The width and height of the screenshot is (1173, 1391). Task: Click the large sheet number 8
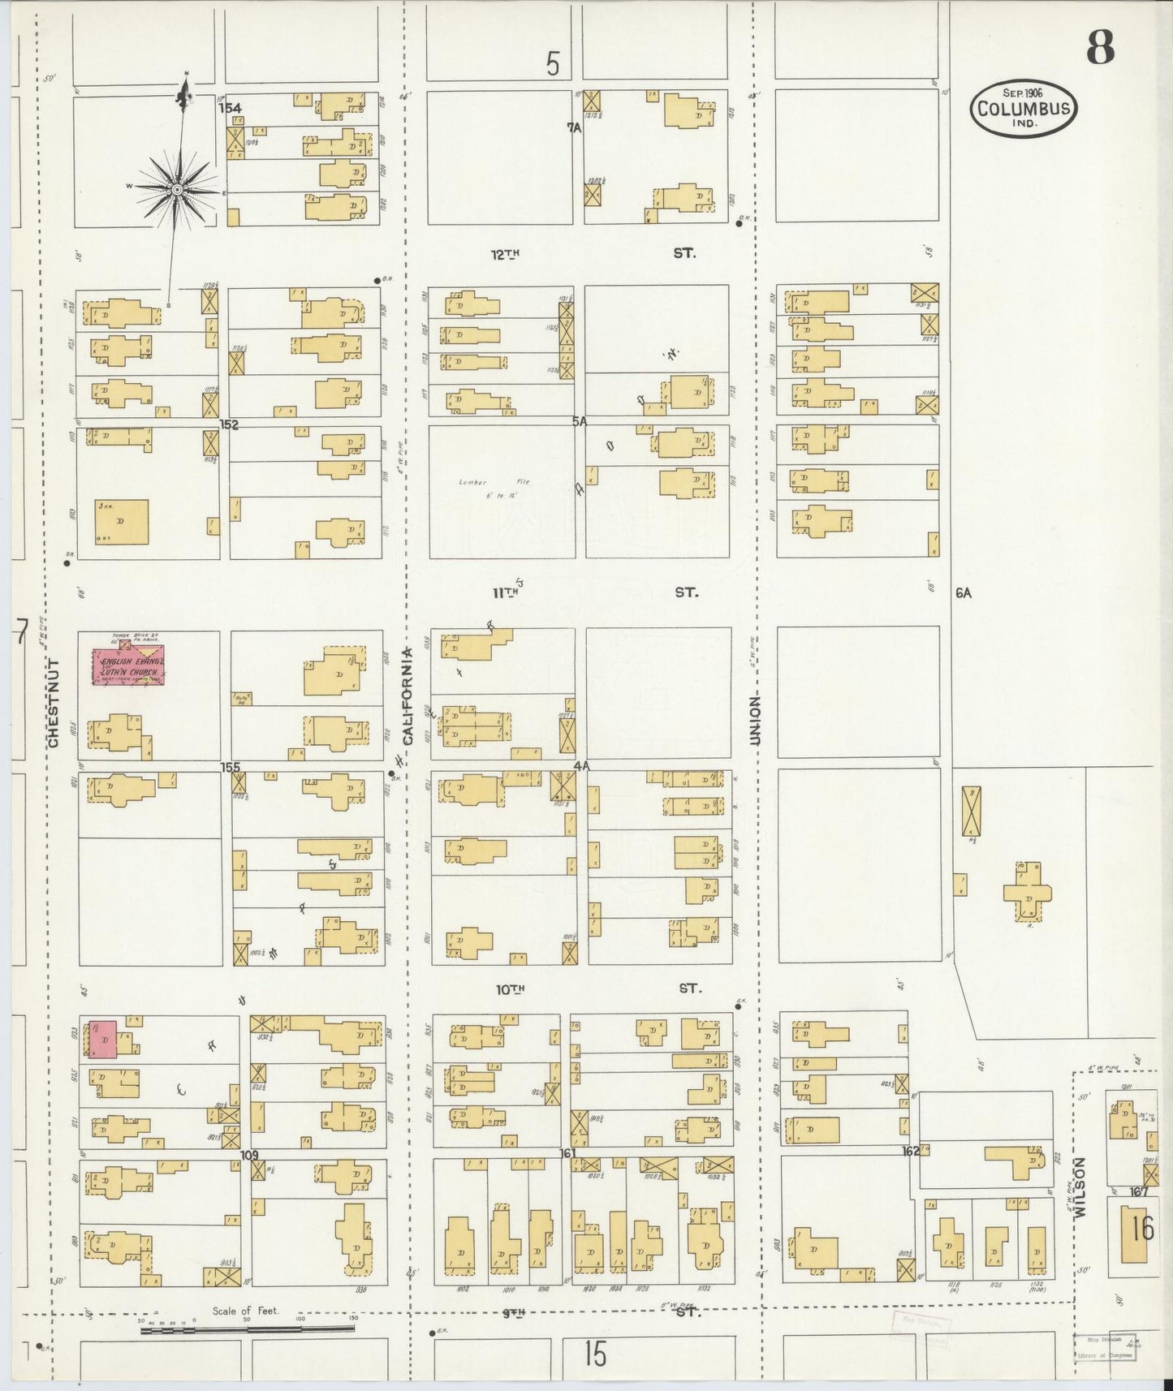coord(1100,50)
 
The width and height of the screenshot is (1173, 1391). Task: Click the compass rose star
coord(176,188)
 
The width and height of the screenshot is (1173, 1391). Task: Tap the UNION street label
coord(755,720)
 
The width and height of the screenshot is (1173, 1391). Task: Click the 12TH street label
coord(504,254)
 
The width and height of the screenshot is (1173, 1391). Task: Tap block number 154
coord(230,107)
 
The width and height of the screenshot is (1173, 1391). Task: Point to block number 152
coord(229,424)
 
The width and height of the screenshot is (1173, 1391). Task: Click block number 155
coord(230,766)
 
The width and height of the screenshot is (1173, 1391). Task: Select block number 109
coord(248,1153)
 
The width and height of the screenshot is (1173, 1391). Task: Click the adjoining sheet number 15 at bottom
coord(595,1354)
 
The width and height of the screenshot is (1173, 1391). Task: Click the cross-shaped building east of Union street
coord(1027,891)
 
